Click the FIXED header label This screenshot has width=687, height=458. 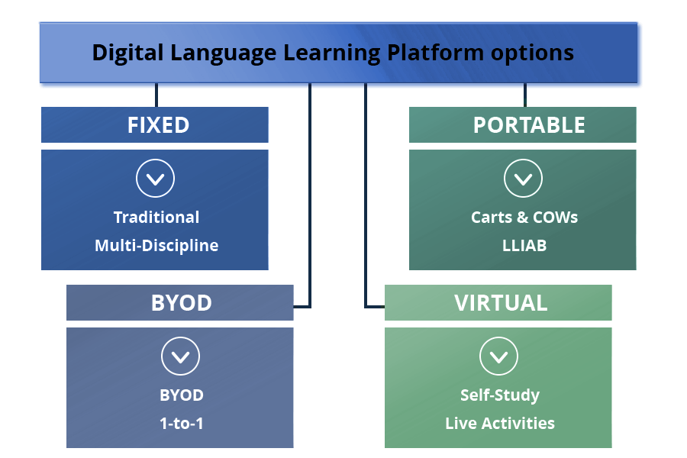coord(158,125)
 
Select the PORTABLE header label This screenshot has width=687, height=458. coord(529,125)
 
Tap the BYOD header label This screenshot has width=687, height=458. coord(181,302)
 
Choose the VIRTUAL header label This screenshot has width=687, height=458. coord(501,302)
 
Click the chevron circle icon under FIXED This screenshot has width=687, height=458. coord(155,179)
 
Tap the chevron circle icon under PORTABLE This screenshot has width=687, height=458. coord(524,179)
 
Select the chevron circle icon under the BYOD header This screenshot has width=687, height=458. coord(181,356)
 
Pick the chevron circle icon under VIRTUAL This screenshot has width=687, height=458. coord(498,356)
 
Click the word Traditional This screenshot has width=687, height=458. coord(156,218)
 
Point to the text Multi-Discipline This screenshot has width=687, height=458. coord(156,246)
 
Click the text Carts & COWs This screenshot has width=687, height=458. coord(524,218)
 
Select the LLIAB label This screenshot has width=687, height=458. coord(524,246)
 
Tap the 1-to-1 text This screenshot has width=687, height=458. coord(182,423)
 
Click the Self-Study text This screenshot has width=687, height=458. coord(500,395)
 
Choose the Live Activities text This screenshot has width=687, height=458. coord(500,423)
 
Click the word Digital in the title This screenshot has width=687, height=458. coord(125,53)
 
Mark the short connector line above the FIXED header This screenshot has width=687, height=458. coord(156,95)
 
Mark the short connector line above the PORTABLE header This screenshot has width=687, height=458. coord(525,95)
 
